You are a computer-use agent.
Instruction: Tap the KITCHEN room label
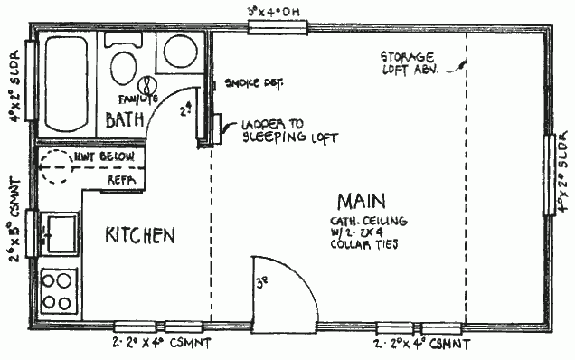point(140,235)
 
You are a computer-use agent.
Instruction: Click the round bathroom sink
point(182,52)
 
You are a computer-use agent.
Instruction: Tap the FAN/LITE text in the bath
point(132,98)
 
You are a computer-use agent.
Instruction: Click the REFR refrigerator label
point(120,180)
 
